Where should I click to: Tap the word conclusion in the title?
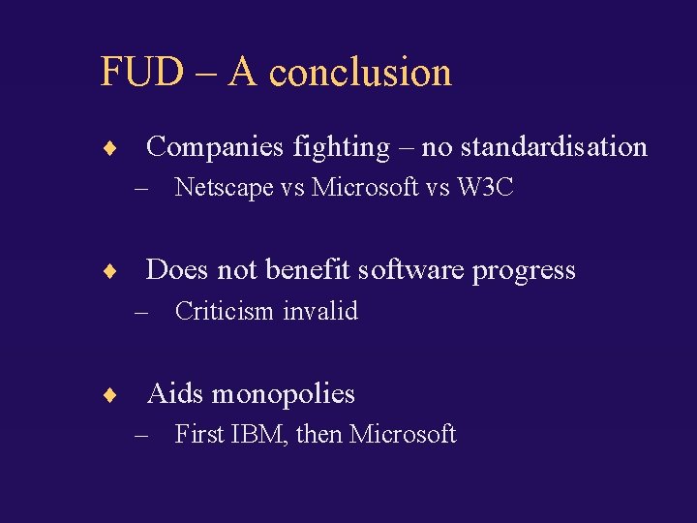pos(360,73)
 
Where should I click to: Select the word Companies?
pos(213,147)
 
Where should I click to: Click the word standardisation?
pos(554,147)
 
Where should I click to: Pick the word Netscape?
pos(224,188)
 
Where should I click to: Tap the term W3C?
pos(485,188)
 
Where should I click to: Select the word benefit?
pos(312,270)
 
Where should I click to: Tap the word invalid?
pos(321,311)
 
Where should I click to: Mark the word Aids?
pos(174,393)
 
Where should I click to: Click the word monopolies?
pos(284,393)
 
